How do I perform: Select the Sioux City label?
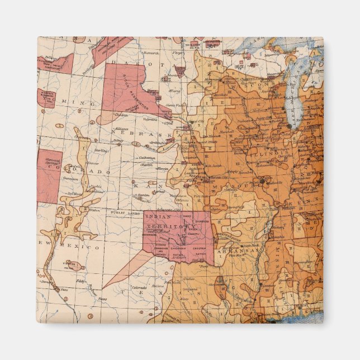pos(196,121)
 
